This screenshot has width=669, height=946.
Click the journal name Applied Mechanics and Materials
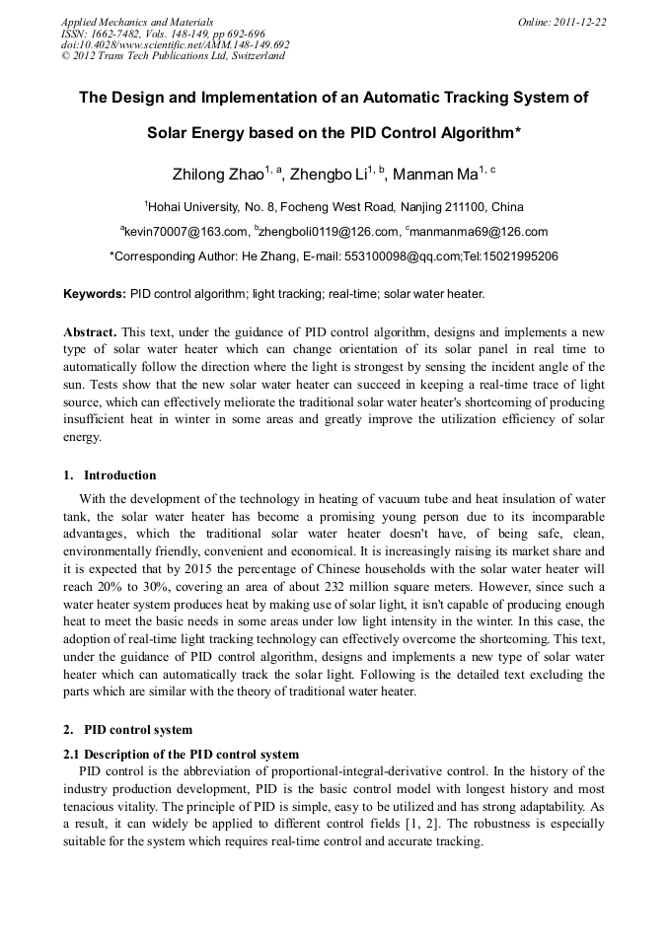tap(136, 22)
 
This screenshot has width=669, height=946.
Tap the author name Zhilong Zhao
tap(218, 175)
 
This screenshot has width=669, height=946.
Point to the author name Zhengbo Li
tap(329, 175)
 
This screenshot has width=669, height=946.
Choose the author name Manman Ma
tap(434, 175)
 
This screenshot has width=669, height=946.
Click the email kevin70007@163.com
tap(186, 232)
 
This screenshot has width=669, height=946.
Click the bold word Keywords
tap(95, 294)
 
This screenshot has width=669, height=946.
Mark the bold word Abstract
tap(91, 332)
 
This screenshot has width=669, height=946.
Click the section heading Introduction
tap(119, 475)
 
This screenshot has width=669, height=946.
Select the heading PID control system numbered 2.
tap(137, 731)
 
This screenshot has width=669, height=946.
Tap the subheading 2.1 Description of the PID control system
tap(181, 755)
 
